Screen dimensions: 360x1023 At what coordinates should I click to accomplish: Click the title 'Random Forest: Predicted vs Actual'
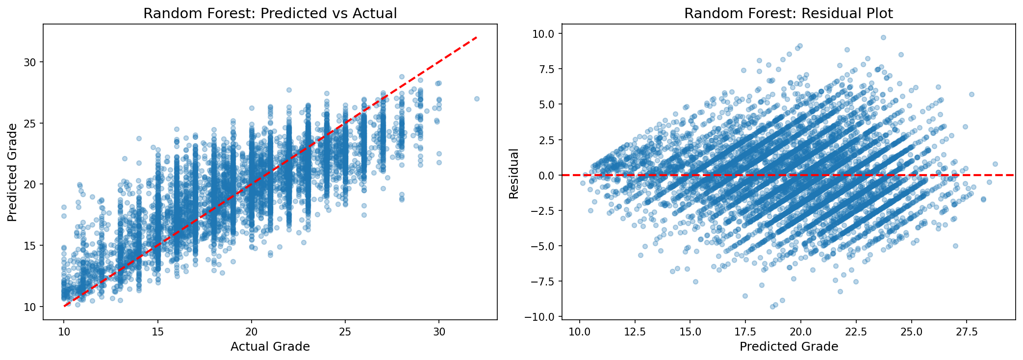tap(270, 13)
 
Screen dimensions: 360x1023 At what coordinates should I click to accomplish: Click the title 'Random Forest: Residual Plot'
tap(789, 13)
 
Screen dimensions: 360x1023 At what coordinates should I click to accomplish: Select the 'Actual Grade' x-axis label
tap(270, 347)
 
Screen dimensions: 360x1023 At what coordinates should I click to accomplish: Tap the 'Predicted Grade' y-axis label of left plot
tap(13, 172)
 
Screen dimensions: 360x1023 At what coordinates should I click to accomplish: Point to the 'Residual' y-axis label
tap(513, 175)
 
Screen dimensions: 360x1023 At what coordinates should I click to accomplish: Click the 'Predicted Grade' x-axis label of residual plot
tap(789, 347)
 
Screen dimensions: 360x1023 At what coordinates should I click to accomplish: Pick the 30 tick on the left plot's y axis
tap(32, 62)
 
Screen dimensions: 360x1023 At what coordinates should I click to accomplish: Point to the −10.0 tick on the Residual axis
tap(541, 316)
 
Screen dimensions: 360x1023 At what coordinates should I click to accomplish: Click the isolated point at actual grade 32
tap(477, 99)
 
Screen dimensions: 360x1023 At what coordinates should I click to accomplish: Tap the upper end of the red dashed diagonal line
tap(476, 37)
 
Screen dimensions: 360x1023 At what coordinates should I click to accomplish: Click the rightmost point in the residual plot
tap(995, 164)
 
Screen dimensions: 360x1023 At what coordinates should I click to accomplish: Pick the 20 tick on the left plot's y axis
tap(32, 184)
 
